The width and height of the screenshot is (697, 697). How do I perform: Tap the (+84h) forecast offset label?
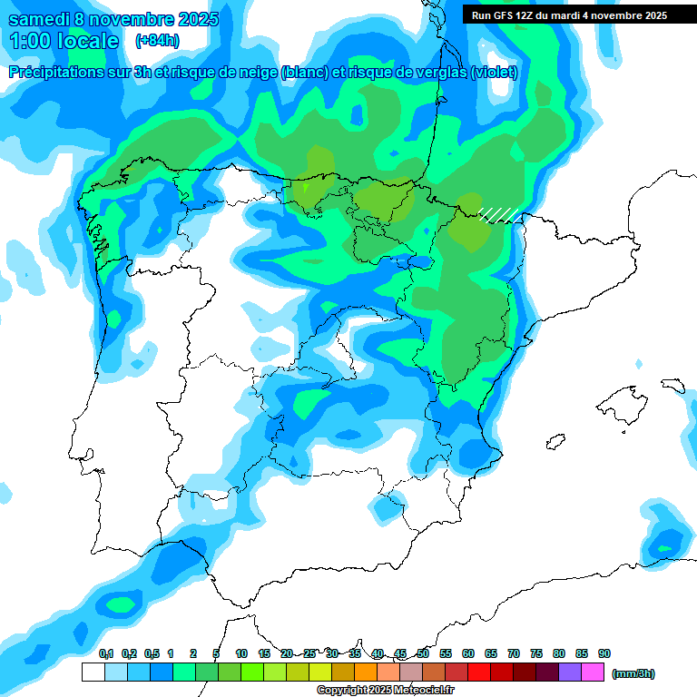157,41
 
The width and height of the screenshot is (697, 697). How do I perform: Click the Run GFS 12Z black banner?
569,15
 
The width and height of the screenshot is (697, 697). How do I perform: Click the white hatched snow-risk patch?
499,214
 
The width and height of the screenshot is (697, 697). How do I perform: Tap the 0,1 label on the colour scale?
106,653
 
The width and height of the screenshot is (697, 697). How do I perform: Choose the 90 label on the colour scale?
604,653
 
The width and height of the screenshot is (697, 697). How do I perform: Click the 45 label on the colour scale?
400,653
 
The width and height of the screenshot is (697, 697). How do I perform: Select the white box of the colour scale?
93,672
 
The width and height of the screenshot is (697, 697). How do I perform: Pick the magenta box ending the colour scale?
593,672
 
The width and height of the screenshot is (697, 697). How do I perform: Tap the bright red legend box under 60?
479,672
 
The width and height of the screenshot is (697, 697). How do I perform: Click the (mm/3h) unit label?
633,673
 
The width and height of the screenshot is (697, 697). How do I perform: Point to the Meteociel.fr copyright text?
385,691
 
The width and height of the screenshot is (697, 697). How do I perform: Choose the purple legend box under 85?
570,672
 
